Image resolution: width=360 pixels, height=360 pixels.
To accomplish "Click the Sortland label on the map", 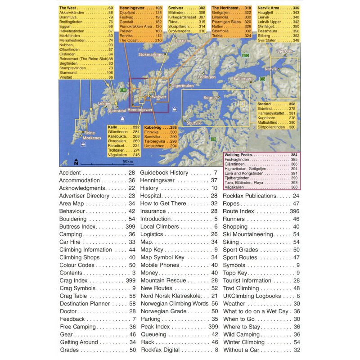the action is pos(184,40).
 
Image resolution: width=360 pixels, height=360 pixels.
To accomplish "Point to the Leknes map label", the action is pos(104,103).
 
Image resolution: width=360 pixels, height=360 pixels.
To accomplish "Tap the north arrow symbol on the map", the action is pos(76,162).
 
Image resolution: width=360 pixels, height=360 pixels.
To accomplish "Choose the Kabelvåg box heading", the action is pos(153,127).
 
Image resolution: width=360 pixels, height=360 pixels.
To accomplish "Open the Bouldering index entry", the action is pos(75,219).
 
